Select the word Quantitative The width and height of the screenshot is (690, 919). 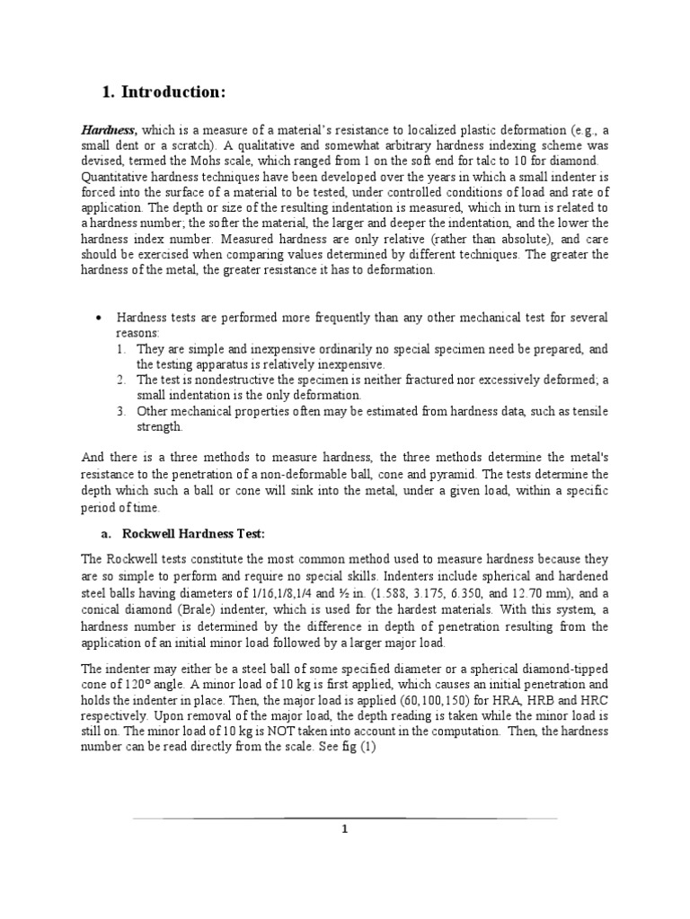tap(115, 177)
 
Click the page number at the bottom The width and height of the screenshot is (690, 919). tap(344, 830)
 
